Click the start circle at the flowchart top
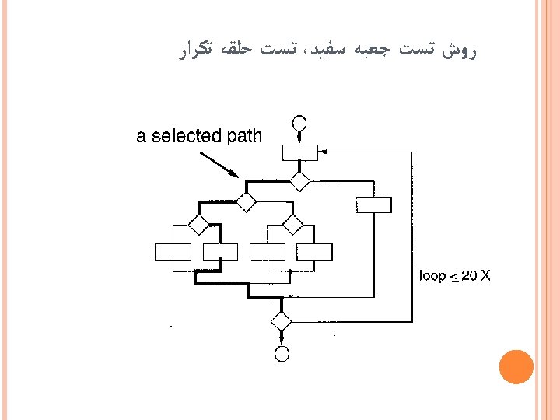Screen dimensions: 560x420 point(299,124)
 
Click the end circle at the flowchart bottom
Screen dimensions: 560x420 point(282,354)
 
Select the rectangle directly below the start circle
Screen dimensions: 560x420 point(299,152)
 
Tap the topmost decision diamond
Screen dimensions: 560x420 point(299,181)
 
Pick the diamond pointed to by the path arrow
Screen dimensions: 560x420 point(246,203)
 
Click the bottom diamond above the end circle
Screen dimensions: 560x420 point(281,320)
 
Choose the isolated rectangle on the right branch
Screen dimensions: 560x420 point(373,205)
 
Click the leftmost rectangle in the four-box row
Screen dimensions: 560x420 point(173,252)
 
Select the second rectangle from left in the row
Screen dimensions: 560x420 point(220,252)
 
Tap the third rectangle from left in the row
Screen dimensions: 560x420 point(267,252)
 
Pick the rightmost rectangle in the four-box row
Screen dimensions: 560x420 point(314,252)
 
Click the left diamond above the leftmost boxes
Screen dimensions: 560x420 point(199,225)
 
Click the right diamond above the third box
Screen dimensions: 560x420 point(292,225)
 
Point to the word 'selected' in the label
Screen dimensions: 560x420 point(186,137)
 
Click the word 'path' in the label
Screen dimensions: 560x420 point(244,137)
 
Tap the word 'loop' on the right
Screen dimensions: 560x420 point(433,275)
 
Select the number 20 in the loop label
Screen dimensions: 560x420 point(468,275)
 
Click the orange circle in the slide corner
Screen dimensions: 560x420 point(516,366)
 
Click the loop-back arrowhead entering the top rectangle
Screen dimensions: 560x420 point(323,152)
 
